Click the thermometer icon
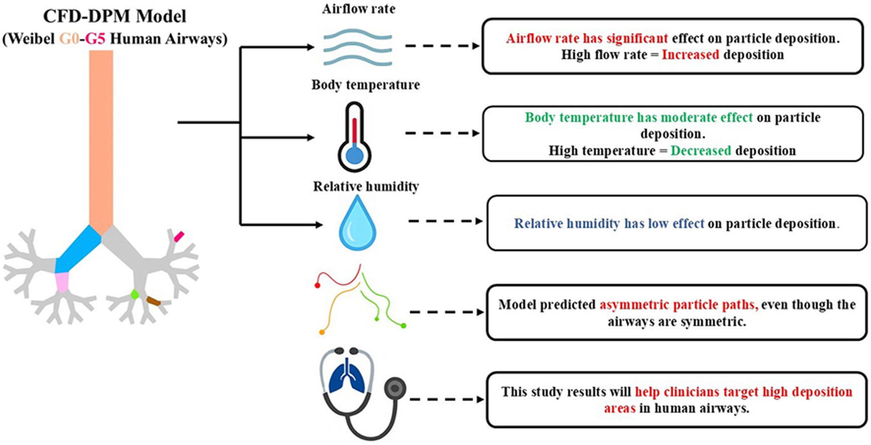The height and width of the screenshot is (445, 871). click(x=355, y=138)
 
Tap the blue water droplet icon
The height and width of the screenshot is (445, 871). click(x=357, y=223)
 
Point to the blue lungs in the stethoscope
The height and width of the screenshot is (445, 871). click(x=347, y=379)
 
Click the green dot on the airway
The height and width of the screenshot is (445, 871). click(x=135, y=294)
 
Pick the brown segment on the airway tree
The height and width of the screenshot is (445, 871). click(x=153, y=301)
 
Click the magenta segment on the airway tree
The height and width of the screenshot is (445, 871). click(x=178, y=236)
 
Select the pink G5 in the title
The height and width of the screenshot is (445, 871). click(x=95, y=39)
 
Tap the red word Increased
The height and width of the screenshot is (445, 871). click(x=690, y=55)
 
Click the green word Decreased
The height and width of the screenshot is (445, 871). click(x=701, y=151)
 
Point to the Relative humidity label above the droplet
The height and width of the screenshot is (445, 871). click(x=366, y=186)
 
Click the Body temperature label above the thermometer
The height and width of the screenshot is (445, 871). click(x=365, y=84)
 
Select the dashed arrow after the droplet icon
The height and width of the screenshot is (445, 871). click(x=445, y=221)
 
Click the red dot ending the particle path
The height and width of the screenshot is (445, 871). click(x=317, y=285)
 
